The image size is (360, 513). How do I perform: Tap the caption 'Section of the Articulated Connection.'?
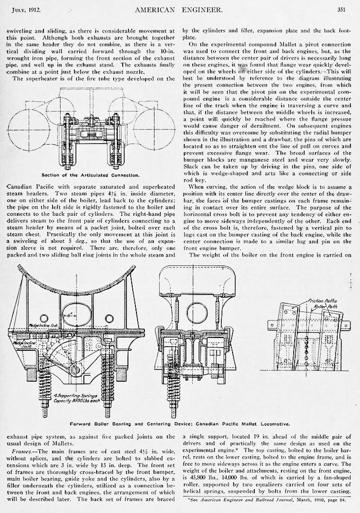coord(90,175)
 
